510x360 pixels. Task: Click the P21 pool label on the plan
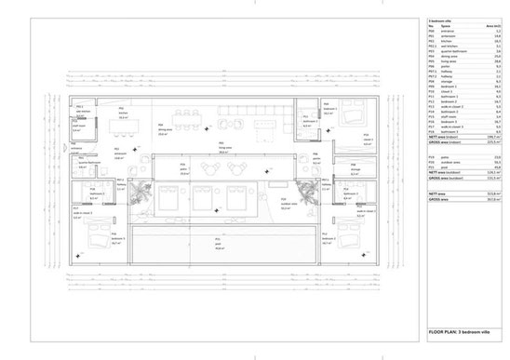(221, 247)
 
